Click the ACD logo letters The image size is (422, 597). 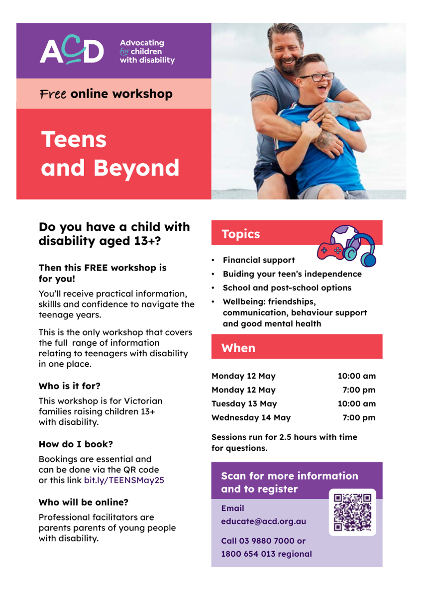72,50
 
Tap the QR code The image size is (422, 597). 352,512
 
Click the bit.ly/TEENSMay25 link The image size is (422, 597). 124,480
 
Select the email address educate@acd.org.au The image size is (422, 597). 263,521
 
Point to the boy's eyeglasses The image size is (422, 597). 316,77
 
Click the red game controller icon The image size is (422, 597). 330,251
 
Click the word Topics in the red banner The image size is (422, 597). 240,234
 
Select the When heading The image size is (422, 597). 238,348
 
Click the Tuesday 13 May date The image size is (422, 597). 244,403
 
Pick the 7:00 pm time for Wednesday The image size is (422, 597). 359,417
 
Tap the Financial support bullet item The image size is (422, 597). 259,260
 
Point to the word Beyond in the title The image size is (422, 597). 136,169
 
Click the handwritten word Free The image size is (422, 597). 53,94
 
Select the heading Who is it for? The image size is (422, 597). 70,386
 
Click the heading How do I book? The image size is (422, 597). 76,444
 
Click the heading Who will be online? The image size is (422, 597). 84,502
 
